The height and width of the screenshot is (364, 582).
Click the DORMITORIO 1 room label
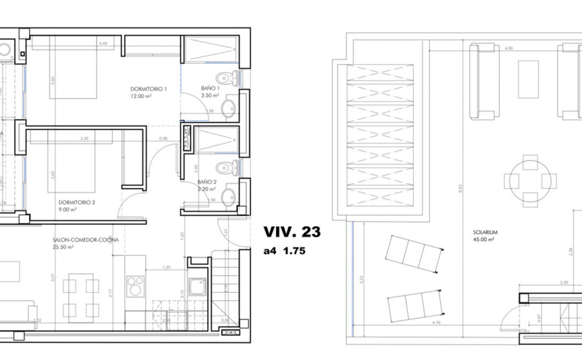click(149, 89)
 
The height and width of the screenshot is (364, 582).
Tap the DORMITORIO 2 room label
click(77, 202)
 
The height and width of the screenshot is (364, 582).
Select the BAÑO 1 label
click(210, 88)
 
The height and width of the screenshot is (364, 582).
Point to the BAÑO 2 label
click(207, 182)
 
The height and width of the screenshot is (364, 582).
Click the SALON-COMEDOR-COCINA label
click(85, 240)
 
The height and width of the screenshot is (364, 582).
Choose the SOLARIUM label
click(485, 232)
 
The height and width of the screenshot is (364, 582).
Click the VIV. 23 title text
click(292, 232)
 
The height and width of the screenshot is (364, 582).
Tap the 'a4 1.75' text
click(284, 251)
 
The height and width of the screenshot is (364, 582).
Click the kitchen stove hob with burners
click(135, 286)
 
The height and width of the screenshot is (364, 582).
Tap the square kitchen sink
click(198, 287)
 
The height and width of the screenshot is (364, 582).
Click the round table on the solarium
click(530, 181)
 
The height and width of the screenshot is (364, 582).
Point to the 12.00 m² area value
click(141, 96)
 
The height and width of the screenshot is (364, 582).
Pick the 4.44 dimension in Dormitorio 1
click(103, 43)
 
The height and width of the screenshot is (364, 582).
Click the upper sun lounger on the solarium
click(414, 254)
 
